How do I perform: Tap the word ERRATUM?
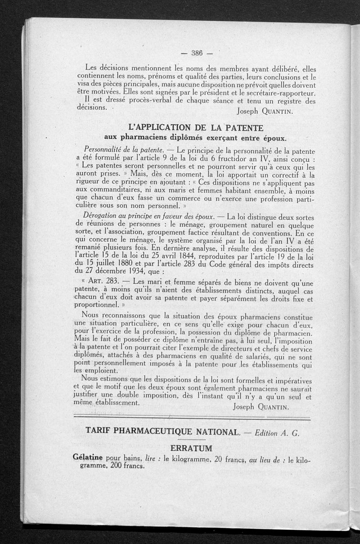(x=194, y=449)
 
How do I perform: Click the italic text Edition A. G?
(x=277, y=433)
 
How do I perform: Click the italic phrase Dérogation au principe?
(x=126, y=217)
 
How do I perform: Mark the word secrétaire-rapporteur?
(x=278, y=93)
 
